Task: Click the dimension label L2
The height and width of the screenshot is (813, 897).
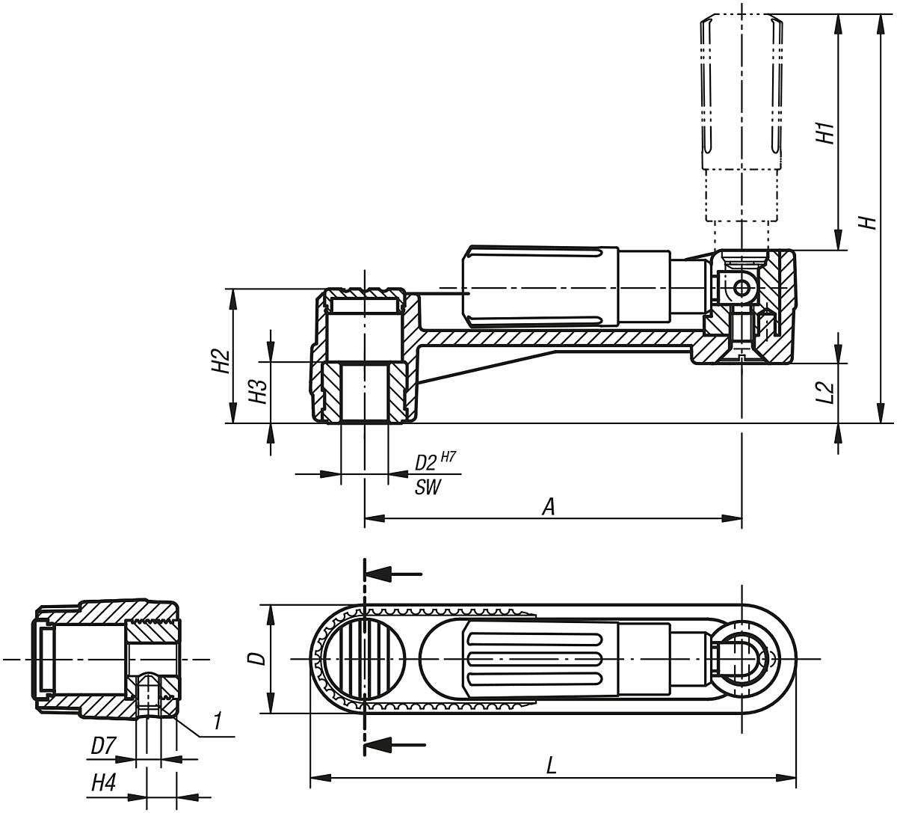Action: coord(824,392)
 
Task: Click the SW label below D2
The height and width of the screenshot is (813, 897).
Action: coord(428,488)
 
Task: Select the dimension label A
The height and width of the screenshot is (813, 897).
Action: coord(549,507)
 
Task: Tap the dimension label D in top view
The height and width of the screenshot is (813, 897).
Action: coord(256,658)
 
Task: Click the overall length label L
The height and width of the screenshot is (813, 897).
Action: coord(551,766)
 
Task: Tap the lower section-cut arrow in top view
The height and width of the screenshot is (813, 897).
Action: coord(394,744)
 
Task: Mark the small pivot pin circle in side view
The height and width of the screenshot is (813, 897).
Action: coord(741,288)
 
